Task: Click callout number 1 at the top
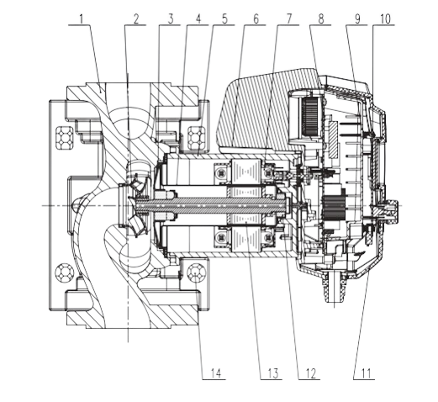(82, 19)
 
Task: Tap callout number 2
(136, 19)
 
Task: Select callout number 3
(171, 19)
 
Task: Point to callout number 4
(198, 19)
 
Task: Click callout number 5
(224, 19)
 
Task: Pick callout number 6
(256, 19)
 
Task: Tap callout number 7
(288, 19)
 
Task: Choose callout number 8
(321, 19)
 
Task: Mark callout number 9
(357, 19)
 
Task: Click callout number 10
(385, 19)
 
